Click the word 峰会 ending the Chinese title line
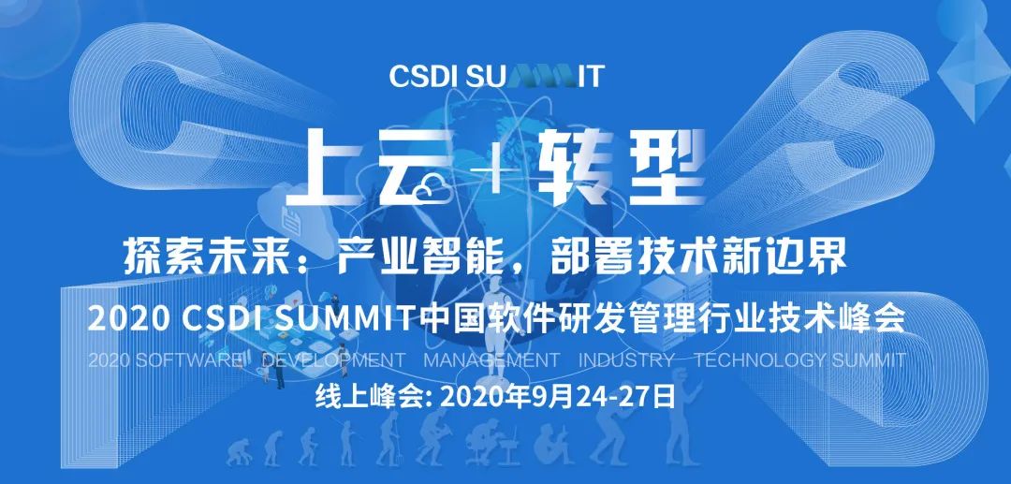tap(877, 317)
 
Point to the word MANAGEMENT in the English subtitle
tap(491, 359)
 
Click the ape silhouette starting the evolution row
tap(237, 452)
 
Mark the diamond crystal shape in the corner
tap(974, 74)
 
